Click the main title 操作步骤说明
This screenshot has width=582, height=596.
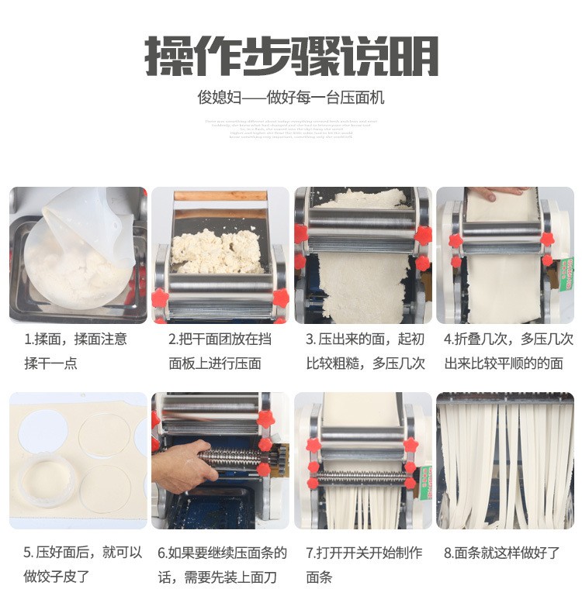pos(291,55)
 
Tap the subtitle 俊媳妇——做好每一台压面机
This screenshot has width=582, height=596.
pos(291,98)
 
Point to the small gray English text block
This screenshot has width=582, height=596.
pos(291,129)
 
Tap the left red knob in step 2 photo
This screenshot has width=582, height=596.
pos(161,298)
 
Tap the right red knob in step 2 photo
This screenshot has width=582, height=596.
pos(280,298)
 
